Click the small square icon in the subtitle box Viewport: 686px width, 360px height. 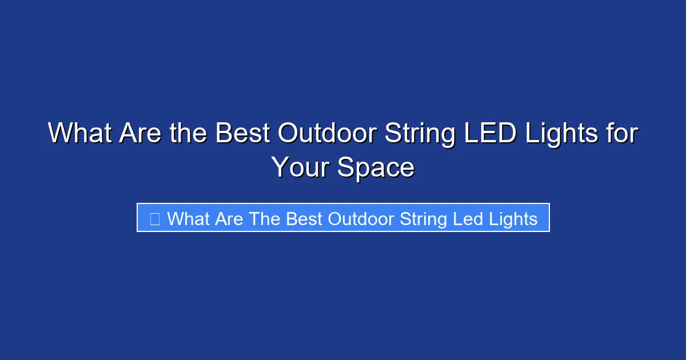coord(154,219)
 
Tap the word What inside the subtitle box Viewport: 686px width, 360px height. coord(189,219)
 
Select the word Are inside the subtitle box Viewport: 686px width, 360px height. coord(229,219)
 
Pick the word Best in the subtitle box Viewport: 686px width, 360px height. coord(304,219)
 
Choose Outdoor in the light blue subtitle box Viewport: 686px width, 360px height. coord(361,219)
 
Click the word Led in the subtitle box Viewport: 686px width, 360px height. coord(468,219)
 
